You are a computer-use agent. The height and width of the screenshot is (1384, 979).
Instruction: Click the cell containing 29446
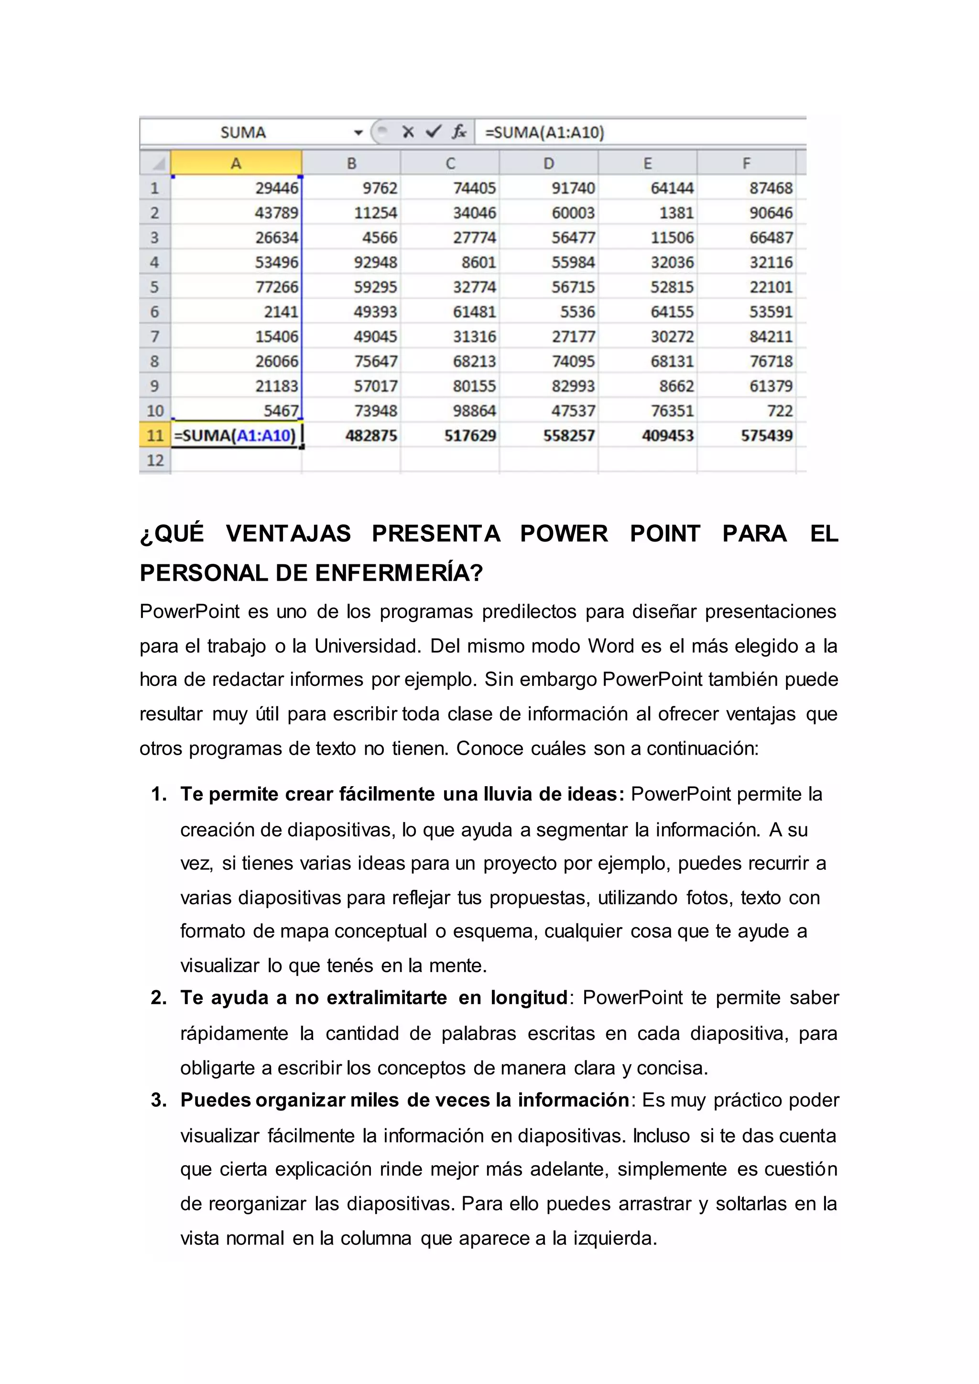click(x=276, y=188)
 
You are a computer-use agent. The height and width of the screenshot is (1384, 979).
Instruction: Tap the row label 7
click(x=154, y=336)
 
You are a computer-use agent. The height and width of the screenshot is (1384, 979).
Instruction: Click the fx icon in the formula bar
click(x=459, y=132)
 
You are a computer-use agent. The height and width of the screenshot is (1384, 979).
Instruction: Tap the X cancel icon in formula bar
click(x=408, y=132)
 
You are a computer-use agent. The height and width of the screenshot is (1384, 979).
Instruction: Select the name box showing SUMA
click(x=243, y=132)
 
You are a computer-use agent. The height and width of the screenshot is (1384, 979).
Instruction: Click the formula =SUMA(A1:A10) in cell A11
click(x=235, y=435)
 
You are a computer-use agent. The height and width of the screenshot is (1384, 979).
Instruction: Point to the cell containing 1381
click(x=676, y=213)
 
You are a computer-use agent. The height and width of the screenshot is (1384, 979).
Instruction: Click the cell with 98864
click(x=474, y=411)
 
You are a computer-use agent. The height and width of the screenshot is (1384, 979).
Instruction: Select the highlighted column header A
click(x=236, y=163)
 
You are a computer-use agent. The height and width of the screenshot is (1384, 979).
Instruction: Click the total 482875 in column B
click(x=371, y=435)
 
